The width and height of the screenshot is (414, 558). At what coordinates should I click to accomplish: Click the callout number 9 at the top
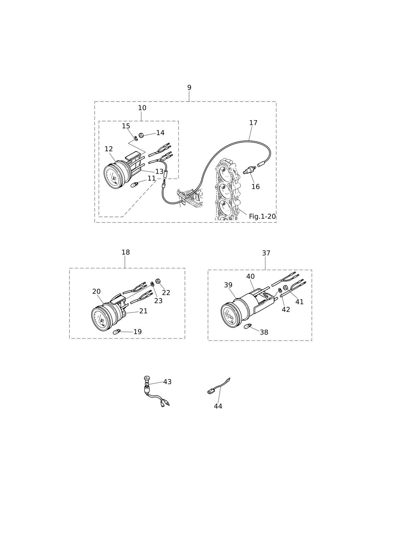pos(189,88)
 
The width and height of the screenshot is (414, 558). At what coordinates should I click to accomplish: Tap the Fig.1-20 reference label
pos(262,217)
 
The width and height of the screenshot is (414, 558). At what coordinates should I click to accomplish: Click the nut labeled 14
pos(141,135)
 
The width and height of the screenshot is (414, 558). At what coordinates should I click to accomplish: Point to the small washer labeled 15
pos(136,138)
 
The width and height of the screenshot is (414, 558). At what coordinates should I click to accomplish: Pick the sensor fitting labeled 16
pos(249,170)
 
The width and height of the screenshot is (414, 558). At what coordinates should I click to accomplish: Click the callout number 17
pos(253,123)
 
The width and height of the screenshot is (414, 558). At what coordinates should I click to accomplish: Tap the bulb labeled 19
pos(117,332)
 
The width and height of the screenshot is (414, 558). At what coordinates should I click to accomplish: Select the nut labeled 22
pos(158,281)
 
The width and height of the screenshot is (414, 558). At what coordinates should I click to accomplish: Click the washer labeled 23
pos(152,284)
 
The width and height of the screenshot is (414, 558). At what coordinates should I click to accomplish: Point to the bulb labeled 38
pos(248,326)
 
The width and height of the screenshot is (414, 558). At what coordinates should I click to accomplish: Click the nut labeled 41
pos(285,288)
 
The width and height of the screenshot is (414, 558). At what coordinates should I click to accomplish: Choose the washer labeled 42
pos(280,290)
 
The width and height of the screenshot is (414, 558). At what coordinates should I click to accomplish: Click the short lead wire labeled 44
pos(218,386)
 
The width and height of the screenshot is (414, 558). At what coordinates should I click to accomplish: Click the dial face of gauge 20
pos(100,319)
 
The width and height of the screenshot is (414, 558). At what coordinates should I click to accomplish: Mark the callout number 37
pos(266,253)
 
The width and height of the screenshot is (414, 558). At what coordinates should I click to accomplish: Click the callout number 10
pos(142,108)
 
